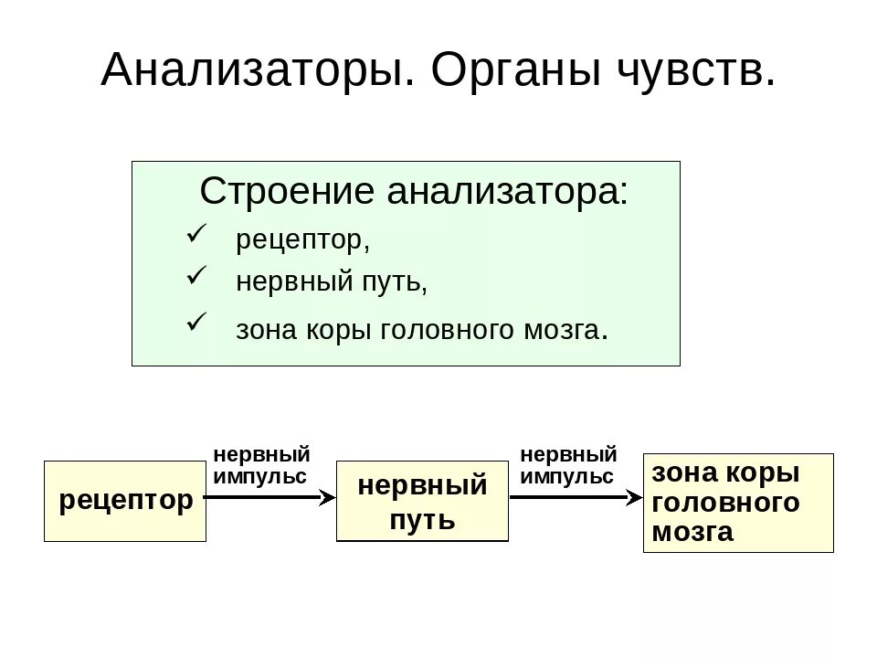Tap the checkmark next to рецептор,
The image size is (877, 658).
[x=197, y=235]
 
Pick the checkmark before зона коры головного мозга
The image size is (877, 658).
[x=197, y=322]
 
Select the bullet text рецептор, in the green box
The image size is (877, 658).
[x=302, y=242]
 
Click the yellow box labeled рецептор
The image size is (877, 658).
[x=125, y=501]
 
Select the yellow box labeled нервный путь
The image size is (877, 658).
[x=422, y=502]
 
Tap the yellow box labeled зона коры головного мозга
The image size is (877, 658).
[x=738, y=503]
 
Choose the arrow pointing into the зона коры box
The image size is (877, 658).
[x=576, y=497]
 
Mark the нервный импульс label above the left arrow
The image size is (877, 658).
[x=261, y=465]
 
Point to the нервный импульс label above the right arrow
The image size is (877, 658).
[x=567, y=465]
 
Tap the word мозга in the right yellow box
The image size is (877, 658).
[x=692, y=533]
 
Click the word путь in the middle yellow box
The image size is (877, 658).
[x=422, y=521]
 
